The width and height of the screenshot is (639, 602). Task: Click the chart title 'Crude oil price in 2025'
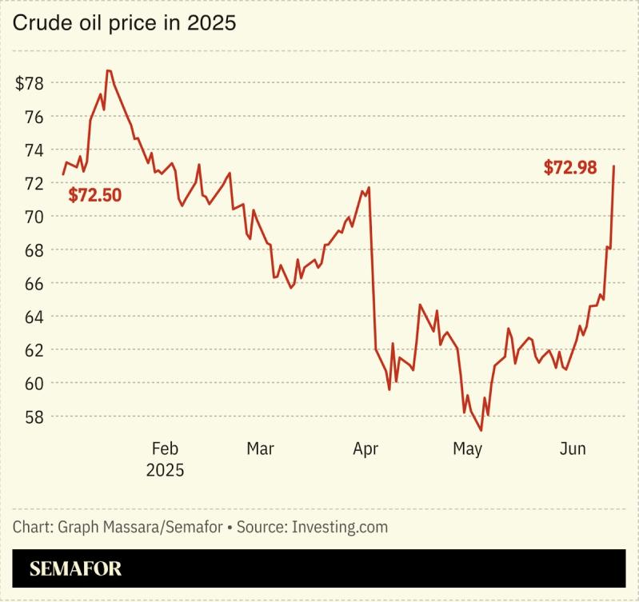tap(124, 23)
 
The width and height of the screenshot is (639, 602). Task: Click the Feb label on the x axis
tap(165, 449)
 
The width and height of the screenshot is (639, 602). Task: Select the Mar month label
tap(260, 449)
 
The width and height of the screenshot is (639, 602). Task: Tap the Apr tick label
tap(365, 449)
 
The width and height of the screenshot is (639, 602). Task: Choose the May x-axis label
tap(467, 449)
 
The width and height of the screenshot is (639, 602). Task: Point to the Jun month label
tap(571, 449)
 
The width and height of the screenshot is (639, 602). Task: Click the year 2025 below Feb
tap(165, 470)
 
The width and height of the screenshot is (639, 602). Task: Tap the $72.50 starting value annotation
tap(94, 195)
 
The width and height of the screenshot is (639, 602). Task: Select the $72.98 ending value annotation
tap(570, 168)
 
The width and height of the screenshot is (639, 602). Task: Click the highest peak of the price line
tap(109, 71)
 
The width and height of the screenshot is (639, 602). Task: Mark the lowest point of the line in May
tap(481, 431)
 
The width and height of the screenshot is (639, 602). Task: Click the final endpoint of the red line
tap(613, 166)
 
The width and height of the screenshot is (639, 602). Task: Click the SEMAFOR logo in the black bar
tap(76, 569)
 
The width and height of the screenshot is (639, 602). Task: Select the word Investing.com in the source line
tap(340, 528)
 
